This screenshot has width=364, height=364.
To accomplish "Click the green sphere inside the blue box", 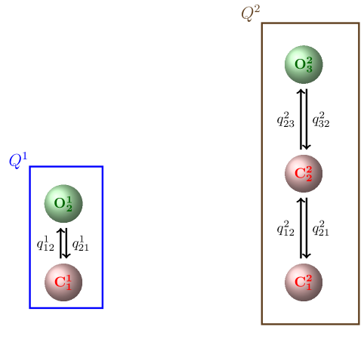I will tap(63, 204).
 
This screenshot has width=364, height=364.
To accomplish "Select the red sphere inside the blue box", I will tap(63, 282).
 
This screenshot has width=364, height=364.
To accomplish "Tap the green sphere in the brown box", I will tap(304, 65).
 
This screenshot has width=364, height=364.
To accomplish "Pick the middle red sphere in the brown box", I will tap(304, 174).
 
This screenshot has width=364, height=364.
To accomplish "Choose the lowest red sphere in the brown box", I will tap(304, 282).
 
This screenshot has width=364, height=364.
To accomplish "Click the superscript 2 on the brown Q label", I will tap(257, 9).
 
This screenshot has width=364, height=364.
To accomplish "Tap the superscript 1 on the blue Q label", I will tap(24, 156).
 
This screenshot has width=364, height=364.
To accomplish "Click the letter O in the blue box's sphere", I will tap(59, 204).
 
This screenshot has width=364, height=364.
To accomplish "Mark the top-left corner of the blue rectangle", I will tap(30, 167).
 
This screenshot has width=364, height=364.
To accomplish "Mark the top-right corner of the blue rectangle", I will tap(102, 167).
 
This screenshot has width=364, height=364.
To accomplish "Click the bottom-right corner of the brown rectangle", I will tap(359, 324).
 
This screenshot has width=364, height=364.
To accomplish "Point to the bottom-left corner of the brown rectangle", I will tap(262, 324).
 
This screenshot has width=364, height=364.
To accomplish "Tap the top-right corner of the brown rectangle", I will tap(359, 23).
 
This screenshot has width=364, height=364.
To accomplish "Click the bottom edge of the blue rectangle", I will tap(66, 307).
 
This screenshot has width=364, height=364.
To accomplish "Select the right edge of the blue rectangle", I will tap(102, 237).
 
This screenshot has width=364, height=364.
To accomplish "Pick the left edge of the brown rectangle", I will tap(262, 174).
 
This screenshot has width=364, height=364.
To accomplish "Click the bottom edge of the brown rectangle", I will tap(310, 324).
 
